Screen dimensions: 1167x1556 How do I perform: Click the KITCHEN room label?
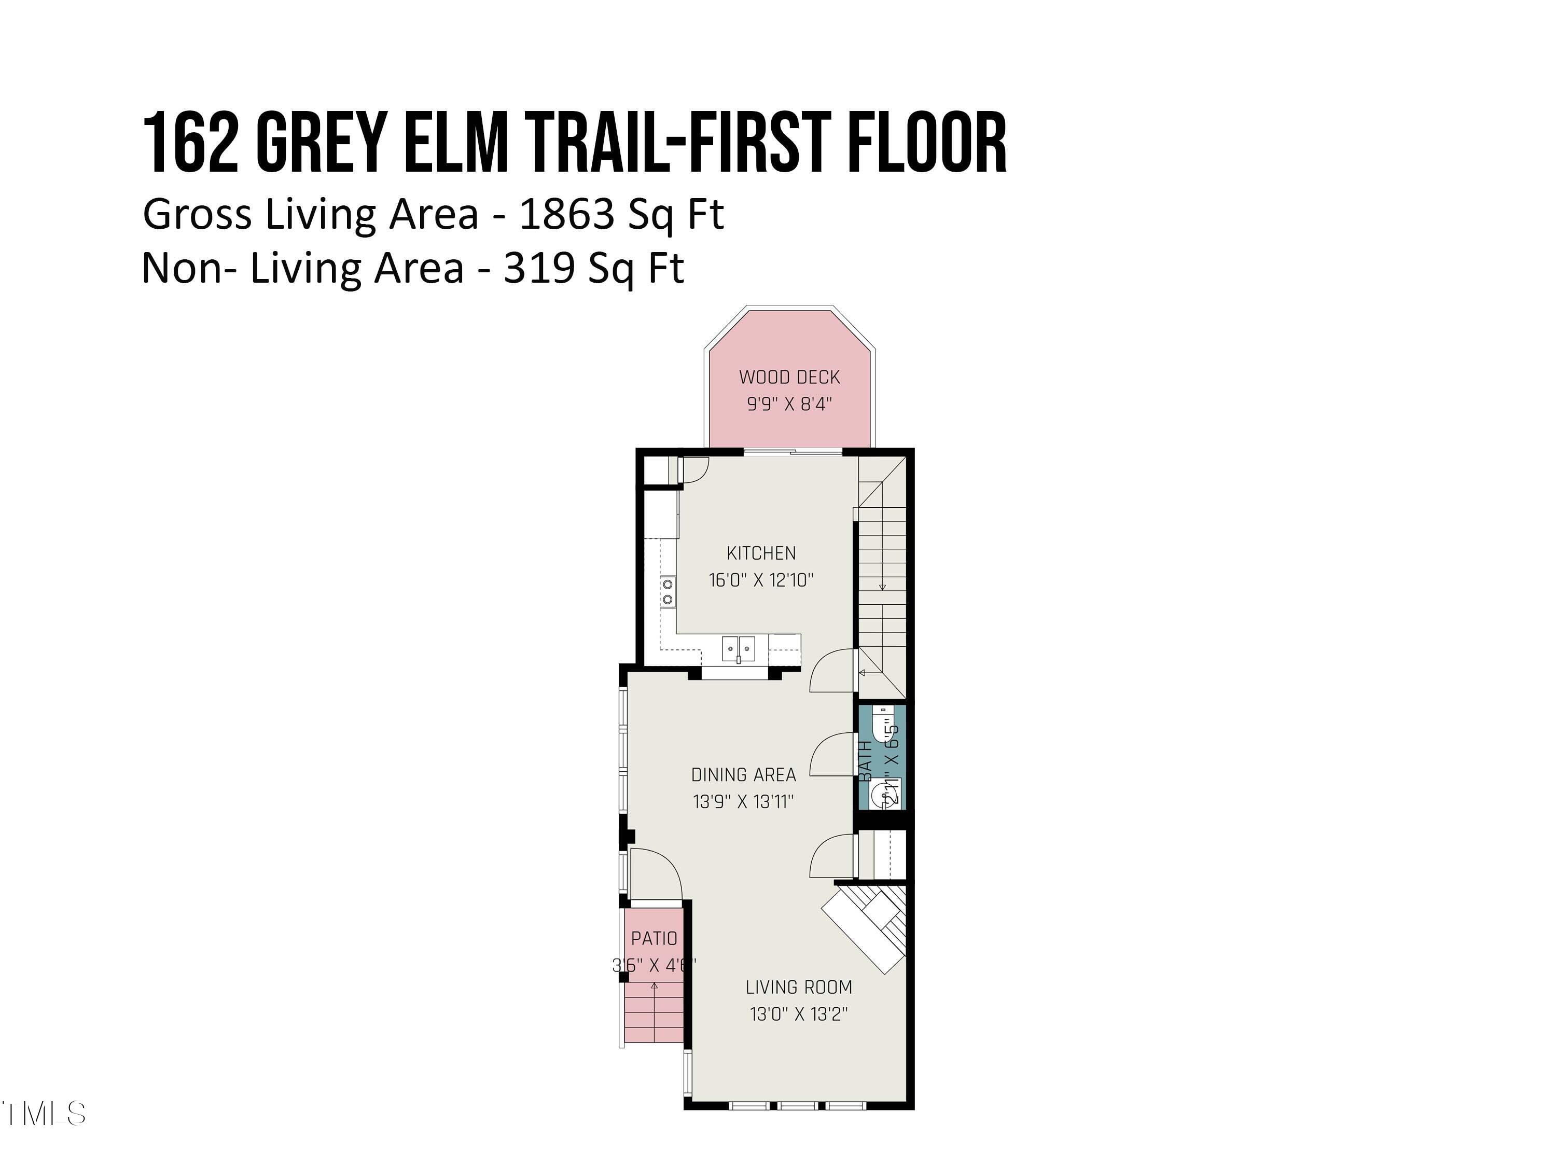click(x=761, y=553)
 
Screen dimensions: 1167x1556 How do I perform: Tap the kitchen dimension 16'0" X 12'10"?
click(x=761, y=580)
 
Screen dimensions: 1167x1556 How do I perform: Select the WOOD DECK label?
click(x=789, y=377)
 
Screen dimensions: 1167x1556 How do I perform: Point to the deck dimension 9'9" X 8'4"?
click(x=789, y=405)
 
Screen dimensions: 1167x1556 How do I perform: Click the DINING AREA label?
click(x=744, y=775)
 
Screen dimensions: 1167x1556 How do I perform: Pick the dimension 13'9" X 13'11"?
click(x=744, y=802)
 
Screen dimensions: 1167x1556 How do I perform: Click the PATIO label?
click(x=654, y=938)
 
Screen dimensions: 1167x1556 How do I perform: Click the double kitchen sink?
click(x=738, y=648)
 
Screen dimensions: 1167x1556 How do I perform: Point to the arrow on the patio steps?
click(x=654, y=986)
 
